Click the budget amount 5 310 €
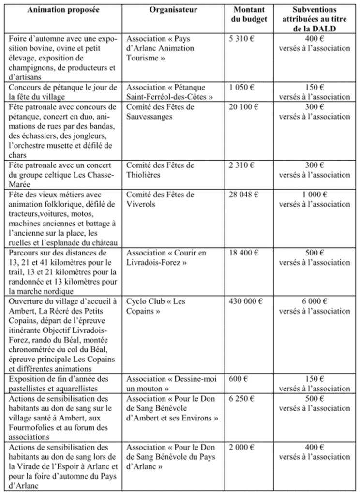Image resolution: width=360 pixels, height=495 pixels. pyautogui.click(x=242, y=38)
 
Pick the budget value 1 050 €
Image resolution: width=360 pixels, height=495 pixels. pyautogui.click(x=242, y=87)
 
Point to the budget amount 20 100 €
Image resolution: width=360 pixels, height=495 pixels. pyautogui.click(x=244, y=107)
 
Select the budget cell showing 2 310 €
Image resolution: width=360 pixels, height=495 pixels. pyautogui.click(x=242, y=165)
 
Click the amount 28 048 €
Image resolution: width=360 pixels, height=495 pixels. pyautogui.click(x=244, y=195)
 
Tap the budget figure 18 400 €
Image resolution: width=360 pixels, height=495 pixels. pyautogui.click(x=244, y=253)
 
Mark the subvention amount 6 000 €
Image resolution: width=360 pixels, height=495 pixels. pyautogui.click(x=314, y=301)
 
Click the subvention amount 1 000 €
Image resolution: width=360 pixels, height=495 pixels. pyautogui.click(x=314, y=195)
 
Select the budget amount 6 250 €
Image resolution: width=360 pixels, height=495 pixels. pyautogui.click(x=242, y=399)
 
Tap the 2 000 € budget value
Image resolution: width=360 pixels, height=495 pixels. pyautogui.click(x=242, y=447)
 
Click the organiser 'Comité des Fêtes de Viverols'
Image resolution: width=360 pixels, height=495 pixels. pyautogui.click(x=160, y=199)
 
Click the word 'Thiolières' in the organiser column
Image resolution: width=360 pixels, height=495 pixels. pyautogui.click(x=144, y=175)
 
